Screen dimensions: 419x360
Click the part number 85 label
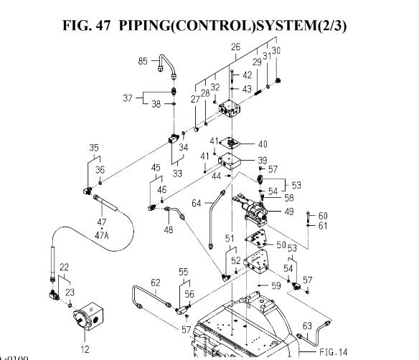[143, 61]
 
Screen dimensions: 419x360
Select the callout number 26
[235, 47]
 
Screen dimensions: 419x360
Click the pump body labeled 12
[88, 316]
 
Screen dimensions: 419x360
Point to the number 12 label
[85, 349]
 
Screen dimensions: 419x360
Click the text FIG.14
[333, 352]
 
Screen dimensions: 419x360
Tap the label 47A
[102, 235]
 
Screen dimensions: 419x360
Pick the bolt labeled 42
[232, 77]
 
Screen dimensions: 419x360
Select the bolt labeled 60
[308, 217]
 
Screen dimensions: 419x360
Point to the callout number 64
[197, 203]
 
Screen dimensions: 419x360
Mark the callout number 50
[281, 245]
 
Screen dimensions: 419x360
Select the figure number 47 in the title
[103, 26]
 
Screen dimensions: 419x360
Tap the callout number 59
[276, 285]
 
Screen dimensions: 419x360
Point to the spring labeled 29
[257, 93]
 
